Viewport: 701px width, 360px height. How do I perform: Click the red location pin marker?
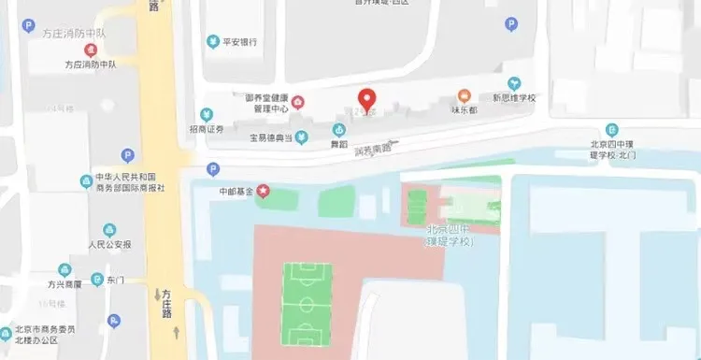(x=367, y=99)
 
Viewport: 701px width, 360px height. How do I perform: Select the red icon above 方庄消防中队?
(x=90, y=50)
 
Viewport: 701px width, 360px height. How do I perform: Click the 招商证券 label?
(x=206, y=128)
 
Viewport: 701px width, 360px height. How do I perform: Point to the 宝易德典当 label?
(x=273, y=138)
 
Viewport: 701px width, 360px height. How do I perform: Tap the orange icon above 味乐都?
(x=463, y=95)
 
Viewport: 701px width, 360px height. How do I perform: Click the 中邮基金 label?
(x=236, y=192)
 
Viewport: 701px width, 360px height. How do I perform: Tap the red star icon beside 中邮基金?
(x=263, y=191)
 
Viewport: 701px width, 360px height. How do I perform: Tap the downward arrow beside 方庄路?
(x=157, y=295)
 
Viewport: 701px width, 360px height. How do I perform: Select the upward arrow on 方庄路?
(x=176, y=331)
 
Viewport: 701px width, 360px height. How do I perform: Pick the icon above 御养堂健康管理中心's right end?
(x=297, y=101)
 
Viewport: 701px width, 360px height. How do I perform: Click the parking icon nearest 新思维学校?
(x=510, y=24)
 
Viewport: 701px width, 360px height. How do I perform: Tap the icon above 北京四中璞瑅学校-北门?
(x=611, y=129)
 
